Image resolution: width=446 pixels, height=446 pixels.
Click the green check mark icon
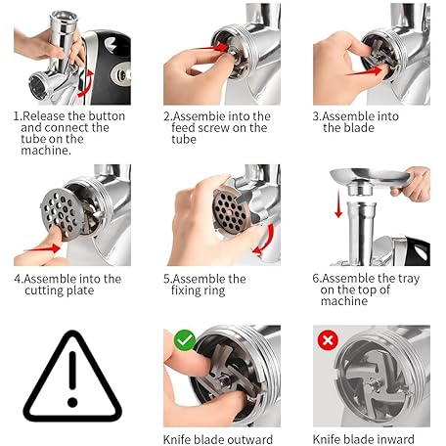185,340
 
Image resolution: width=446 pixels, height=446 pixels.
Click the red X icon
328,340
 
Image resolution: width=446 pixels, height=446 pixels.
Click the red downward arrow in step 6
338,204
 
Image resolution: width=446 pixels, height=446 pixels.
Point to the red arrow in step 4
42,248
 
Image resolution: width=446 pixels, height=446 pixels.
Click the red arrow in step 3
364,71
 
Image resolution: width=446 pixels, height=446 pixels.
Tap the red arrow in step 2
215,48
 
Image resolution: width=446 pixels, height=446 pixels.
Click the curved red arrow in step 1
86,84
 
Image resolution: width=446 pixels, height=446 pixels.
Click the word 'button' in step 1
107,116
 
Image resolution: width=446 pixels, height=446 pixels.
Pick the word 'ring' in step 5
212,290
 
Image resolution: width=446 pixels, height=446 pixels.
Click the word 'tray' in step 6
409,279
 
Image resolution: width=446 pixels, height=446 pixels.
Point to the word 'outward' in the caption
252,439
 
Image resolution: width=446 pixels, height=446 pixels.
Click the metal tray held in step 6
370,178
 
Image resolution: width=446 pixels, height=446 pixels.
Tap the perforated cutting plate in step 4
61,214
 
